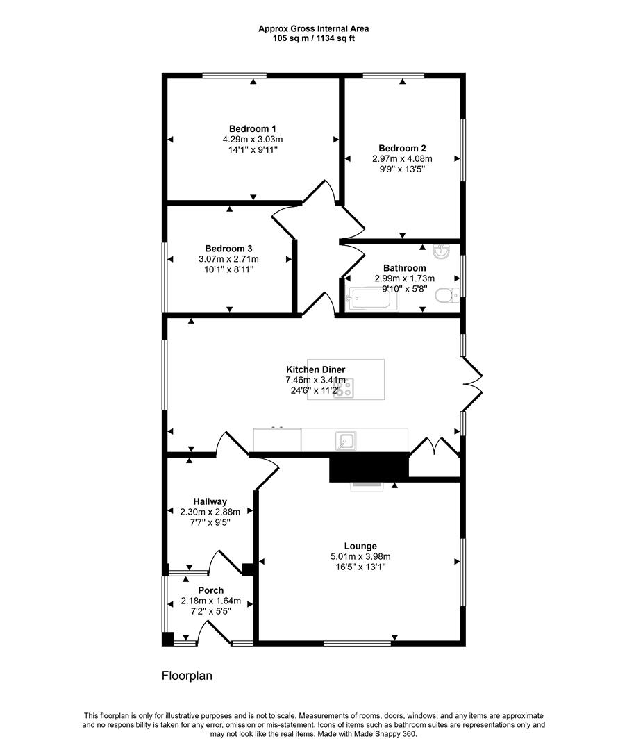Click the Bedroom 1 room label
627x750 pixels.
253,129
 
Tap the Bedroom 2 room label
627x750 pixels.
402,148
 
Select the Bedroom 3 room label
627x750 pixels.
228,249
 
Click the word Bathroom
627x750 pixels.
405,268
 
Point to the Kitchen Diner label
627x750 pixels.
316,370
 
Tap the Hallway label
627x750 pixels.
210,501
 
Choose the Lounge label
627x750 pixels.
360,547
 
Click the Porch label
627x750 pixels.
210,591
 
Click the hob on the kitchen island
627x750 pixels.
344,388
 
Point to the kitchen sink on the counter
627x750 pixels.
346,440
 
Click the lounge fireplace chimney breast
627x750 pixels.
368,466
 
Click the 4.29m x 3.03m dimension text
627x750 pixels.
253,140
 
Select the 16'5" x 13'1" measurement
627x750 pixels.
360,567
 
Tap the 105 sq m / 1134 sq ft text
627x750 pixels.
313,38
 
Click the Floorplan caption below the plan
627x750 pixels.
187,675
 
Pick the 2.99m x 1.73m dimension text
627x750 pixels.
405,278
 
